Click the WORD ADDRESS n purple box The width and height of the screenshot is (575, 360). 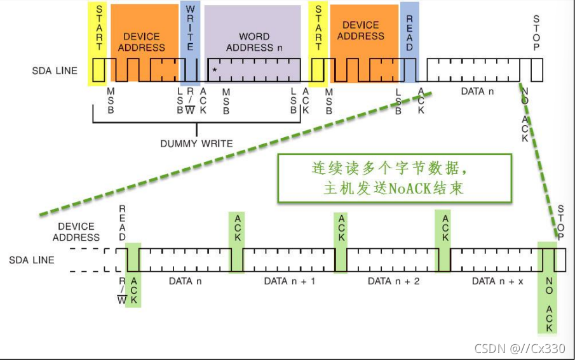click(253, 42)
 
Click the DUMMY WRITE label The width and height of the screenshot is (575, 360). click(196, 143)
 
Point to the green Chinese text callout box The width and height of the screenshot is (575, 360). click(394, 178)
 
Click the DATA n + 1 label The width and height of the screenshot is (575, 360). click(289, 281)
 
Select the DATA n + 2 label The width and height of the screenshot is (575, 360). click(393, 281)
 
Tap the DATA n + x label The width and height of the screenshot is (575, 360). click(497, 281)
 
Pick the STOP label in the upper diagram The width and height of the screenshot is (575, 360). click(536, 34)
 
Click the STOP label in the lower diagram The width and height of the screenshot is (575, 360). click(560, 220)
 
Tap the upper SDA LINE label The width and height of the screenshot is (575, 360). click(55, 70)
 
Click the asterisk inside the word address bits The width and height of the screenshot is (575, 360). click(215, 69)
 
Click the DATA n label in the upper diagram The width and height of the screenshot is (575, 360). click(473, 91)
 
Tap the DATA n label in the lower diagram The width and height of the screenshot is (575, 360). click(185, 281)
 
